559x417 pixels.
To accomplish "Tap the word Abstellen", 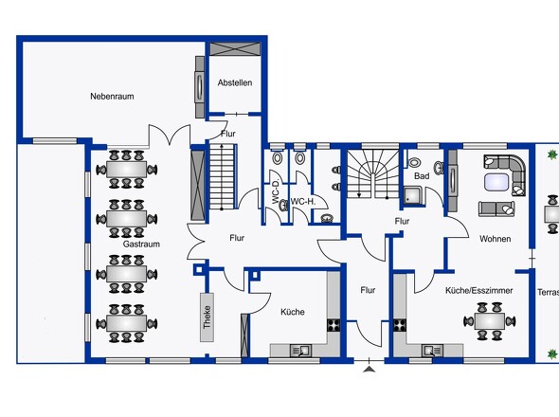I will pos(234,82).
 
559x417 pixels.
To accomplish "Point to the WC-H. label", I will pos(303,201).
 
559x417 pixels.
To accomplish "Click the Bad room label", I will pos(422,176).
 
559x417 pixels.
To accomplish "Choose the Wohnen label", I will pos(495,239).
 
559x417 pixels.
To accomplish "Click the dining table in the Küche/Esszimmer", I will pos(490,319).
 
